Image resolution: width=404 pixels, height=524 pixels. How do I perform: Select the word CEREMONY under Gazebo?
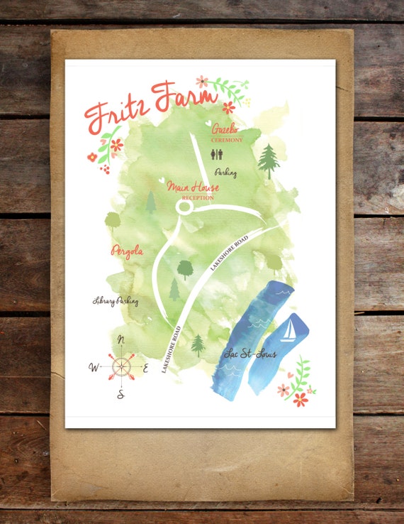point(227,140)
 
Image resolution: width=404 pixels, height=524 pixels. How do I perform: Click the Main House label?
point(193,187)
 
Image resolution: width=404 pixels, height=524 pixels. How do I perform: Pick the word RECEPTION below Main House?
point(198,197)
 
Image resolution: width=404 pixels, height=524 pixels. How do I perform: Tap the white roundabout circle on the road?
point(184,207)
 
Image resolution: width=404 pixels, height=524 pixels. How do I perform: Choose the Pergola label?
point(128,251)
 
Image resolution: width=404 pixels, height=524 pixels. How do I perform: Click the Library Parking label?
point(116,301)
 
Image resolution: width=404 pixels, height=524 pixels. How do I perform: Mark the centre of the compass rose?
point(121,366)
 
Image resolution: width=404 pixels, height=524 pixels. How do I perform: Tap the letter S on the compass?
point(120,394)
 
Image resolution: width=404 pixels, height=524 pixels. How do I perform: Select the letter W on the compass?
point(94,367)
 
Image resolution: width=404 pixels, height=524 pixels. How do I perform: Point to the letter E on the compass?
point(146,368)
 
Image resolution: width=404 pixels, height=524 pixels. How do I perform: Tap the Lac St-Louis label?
point(249,354)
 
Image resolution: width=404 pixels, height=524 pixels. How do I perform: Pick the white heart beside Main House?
point(162,180)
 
